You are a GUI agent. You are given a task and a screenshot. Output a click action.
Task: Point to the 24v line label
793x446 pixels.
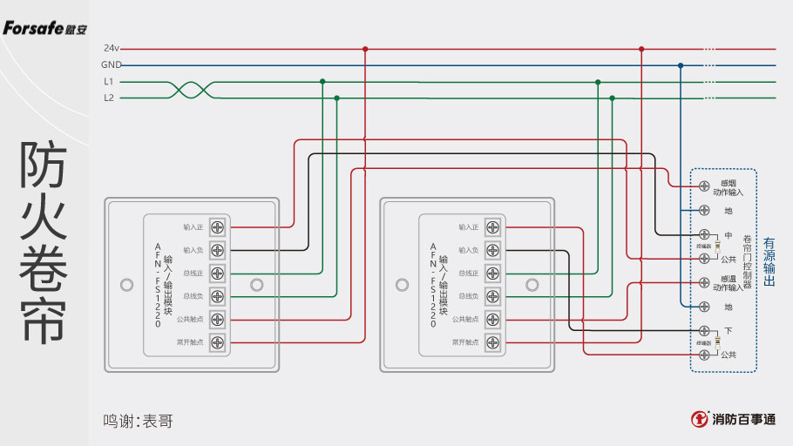tap(111, 49)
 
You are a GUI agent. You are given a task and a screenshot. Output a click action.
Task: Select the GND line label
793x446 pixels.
tap(111, 65)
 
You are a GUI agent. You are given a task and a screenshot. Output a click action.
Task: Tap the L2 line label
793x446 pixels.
tap(109, 98)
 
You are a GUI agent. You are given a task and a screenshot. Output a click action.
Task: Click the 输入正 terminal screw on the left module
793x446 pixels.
tap(217, 226)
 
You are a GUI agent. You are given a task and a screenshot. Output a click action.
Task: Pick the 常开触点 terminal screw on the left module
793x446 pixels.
tap(217, 342)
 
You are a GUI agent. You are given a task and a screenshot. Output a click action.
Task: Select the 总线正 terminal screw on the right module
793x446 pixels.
tap(492, 274)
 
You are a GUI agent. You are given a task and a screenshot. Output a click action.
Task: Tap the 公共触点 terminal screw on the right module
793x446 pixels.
tap(492, 320)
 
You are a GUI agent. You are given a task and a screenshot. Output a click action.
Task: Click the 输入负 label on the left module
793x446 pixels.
tap(193, 250)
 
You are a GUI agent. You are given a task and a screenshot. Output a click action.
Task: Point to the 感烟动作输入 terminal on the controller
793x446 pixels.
tap(704, 186)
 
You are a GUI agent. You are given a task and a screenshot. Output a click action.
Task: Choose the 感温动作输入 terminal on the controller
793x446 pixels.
tap(704, 282)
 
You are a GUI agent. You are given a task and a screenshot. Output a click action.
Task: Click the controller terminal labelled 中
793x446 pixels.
tap(704, 235)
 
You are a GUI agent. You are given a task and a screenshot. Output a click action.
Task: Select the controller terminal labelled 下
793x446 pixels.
tap(704, 331)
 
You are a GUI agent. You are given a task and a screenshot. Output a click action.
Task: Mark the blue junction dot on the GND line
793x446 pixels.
tap(681, 65)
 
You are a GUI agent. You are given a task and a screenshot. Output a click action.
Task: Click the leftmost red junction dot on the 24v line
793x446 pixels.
tap(365, 49)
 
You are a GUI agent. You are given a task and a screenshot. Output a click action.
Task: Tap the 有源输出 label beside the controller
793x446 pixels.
tap(769, 262)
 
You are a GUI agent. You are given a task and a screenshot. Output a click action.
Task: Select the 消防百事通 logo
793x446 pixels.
tap(733, 419)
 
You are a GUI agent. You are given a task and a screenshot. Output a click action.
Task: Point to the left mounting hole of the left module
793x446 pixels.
tap(127, 285)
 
